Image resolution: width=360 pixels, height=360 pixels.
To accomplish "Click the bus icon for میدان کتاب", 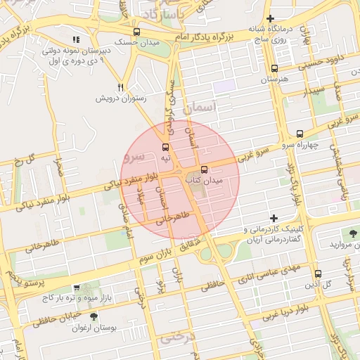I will point(204,169).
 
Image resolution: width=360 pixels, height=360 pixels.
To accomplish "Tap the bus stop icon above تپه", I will point(166,147).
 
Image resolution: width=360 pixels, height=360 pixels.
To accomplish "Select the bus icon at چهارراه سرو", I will point(300,133).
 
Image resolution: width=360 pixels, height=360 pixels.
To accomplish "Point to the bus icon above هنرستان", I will point(274,69).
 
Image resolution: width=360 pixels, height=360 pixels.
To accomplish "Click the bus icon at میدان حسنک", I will point(136,32).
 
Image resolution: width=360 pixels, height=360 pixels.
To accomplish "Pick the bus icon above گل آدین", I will point(318,274).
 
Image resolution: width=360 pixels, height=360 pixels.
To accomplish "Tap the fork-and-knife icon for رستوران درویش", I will point(121,87).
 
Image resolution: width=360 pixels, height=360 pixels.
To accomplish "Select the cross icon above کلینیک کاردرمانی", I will point(274,218).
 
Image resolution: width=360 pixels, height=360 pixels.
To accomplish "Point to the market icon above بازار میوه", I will point(76,288).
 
